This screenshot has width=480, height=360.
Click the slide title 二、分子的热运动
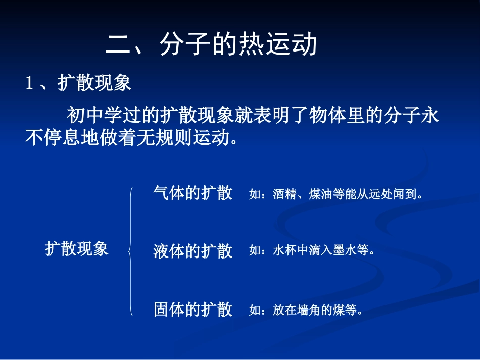click(x=212, y=45)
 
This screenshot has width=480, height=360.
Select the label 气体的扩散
click(x=193, y=193)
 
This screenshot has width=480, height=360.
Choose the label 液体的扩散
click(x=193, y=251)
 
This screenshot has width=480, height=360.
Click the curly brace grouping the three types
click(x=131, y=251)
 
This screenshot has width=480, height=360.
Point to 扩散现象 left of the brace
click(x=77, y=249)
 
